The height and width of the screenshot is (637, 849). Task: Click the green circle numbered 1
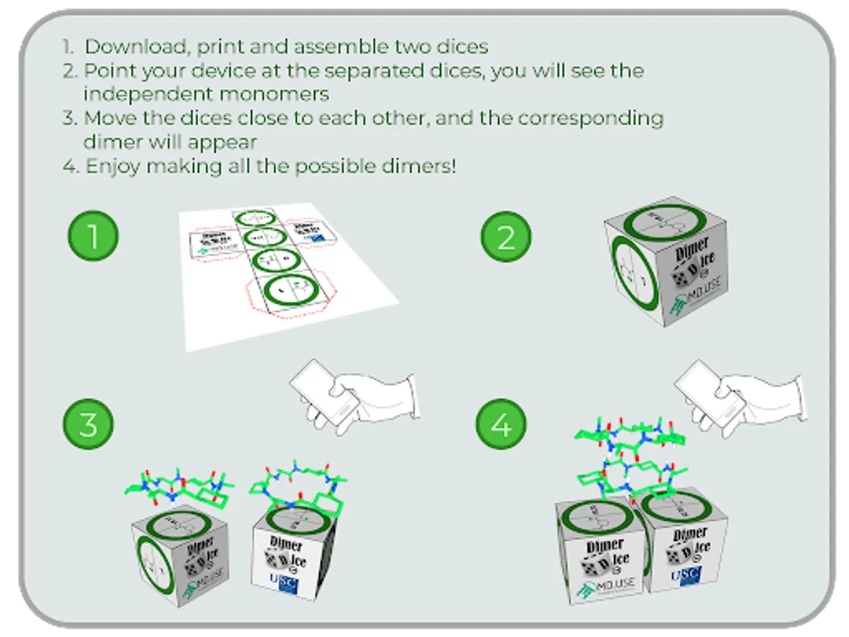click(x=93, y=236)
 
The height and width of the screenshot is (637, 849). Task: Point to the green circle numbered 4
click(x=501, y=426)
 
